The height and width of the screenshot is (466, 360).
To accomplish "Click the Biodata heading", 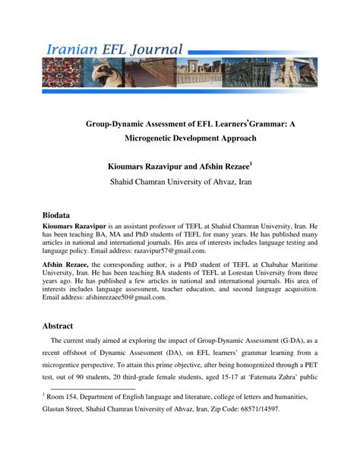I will click(x=58, y=215).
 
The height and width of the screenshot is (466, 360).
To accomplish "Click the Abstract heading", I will click(x=60, y=325).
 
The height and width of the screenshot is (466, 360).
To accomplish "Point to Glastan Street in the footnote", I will click(x=68, y=409).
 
